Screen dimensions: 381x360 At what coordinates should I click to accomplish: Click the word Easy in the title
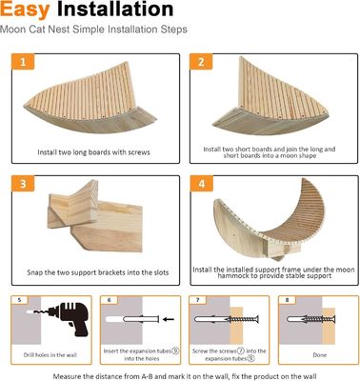tap(27, 11)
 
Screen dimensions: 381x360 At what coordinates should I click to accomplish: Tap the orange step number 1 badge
tap(26, 64)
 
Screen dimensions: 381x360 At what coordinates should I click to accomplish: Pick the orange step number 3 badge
tap(26, 183)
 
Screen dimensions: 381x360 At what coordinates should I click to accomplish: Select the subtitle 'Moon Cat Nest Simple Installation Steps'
tap(92, 30)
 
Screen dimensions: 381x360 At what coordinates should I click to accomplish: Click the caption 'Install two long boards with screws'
tap(90, 152)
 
